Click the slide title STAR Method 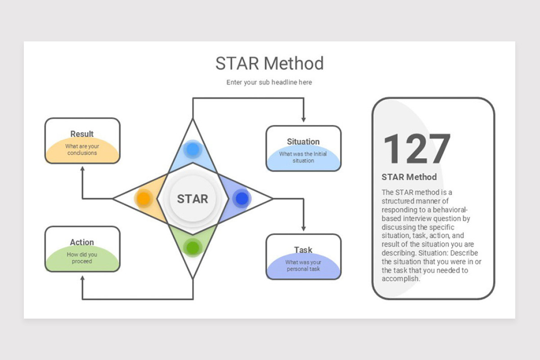pyautogui.click(x=269, y=63)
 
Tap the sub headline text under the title pyautogui.click(x=269, y=82)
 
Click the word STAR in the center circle pyautogui.click(x=193, y=199)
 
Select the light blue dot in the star pyautogui.click(x=193, y=149)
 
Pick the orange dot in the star pyautogui.click(x=144, y=198)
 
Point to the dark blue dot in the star pyautogui.click(x=242, y=198)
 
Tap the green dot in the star pyautogui.click(x=193, y=247)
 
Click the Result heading pyautogui.click(x=82, y=134)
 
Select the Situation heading pyautogui.click(x=303, y=142)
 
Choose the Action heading pyautogui.click(x=82, y=242)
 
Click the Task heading pyautogui.click(x=303, y=250)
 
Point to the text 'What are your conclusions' pyautogui.click(x=82, y=149)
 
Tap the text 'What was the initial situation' pyautogui.click(x=303, y=157)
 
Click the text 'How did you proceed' pyautogui.click(x=82, y=258)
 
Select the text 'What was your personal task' pyautogui.click(x=303, y=265)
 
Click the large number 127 pyautogui.click(x=417, y=148)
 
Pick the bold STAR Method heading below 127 pyautogui.click(x=409, y=177)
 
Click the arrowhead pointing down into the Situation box pyautogui.click(x=303, y=120)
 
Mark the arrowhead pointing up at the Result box pyautogui.click(x=82, y=169)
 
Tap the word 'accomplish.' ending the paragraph pyautogui.click(x=400, y=279)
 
